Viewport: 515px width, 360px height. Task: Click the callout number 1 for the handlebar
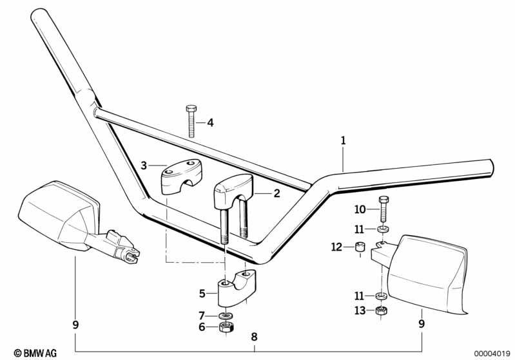343,140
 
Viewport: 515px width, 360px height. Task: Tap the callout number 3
144,166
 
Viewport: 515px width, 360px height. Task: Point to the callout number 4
209,122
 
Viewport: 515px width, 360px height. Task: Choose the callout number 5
202,294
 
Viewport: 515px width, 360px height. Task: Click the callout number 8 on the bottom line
255,336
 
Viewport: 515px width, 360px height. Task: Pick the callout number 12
336,246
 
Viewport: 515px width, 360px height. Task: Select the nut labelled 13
381,312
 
